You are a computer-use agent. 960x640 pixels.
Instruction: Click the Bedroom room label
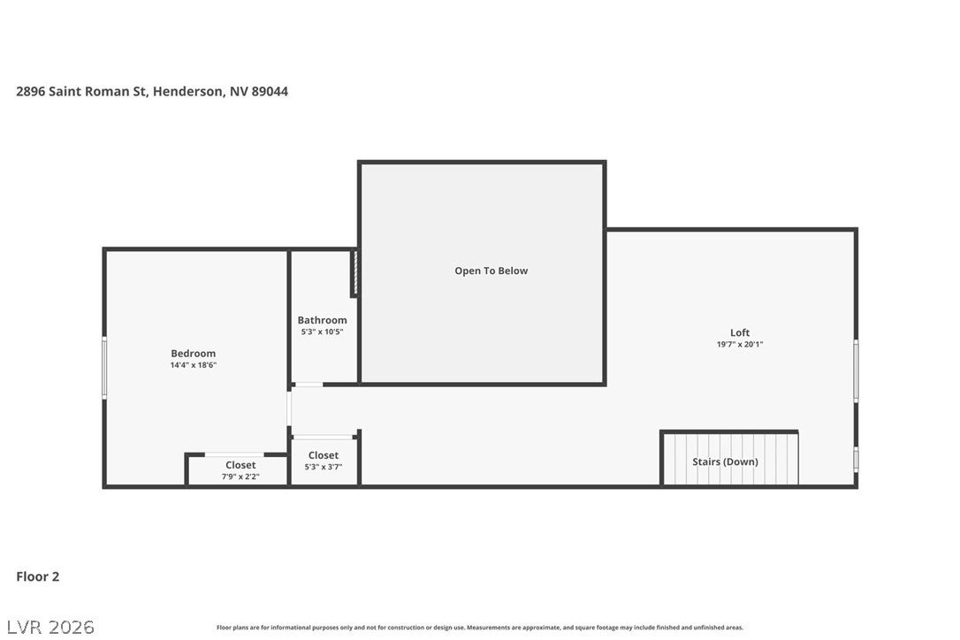pyautogui.click(x=193, y=354)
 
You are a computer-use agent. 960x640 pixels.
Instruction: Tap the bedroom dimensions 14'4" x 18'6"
pyautogui.click(x=194, y=365)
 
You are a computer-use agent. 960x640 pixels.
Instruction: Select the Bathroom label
pyautogui.click(x=322, y=320)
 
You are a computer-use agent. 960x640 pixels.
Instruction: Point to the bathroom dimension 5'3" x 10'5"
pyautogui.click(x=322, y=332)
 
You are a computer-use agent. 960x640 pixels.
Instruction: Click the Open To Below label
pyautogui.click(x=491, y=270)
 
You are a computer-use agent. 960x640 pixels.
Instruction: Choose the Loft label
pyautogui.click(x=740, y=332)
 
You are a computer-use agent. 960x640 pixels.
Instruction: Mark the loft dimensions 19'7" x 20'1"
pyautogui.click(x=740, y=344)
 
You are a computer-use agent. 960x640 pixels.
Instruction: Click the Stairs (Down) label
pyautogui.click(x=725, y=461)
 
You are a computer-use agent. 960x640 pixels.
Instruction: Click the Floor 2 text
pyautogui.click(x=38, y=576)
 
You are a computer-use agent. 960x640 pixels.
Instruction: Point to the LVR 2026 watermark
pyautogui.click(x=50, y=627)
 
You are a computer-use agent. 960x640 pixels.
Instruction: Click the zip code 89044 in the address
pyautogui.click(x=270, y=91)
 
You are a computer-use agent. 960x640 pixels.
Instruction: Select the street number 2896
pyautogui.click(x=31, y=91)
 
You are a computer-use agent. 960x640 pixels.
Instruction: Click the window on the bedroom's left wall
pyautogui.click(x=104, y=368)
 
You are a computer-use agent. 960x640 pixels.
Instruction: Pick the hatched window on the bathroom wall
pyautogui.click(x=354, y=272)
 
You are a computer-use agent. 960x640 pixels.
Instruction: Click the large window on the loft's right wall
pyautogui.click(x=856, y=370)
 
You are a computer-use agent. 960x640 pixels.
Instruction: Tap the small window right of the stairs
pyautogui.click(x=856, y=459)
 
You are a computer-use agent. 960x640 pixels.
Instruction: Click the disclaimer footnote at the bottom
pyautogui.click(x=480, y=628)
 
